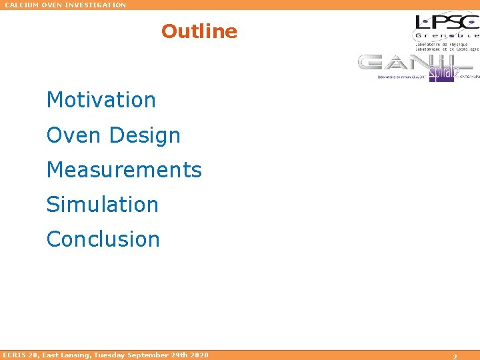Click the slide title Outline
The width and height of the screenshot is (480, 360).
click(199, 31)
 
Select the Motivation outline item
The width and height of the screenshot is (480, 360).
click(101, 100)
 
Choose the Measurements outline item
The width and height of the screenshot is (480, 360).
click(123, 170)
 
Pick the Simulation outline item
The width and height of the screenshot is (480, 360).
click(102, 205)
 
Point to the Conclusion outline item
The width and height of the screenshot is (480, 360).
click(103, 239)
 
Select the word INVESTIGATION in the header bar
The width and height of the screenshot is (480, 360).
click(94, 5)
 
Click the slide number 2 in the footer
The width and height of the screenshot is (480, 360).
click(455, 357)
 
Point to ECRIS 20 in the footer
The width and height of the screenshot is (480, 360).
click(20, 355)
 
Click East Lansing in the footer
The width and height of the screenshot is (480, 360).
click(67, 355)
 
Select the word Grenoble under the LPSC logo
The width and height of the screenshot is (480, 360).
click(446, 35)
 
